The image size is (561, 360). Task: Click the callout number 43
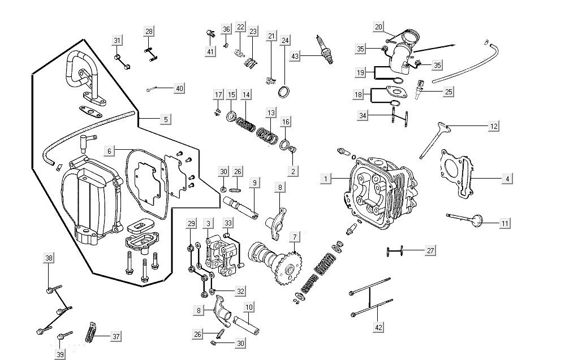(x=295, y=57)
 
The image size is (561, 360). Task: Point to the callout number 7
(x=294, y=236)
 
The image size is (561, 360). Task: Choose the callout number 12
(x=494, y=127)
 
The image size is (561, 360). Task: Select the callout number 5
(x=165, y=120)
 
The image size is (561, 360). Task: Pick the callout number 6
(x=110, y=151)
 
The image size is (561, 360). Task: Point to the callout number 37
(x=116, y=337)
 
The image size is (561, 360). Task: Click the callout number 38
(x=49, y=258)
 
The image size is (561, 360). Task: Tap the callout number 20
(x=379, y=27)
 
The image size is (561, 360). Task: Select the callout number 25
(x=447, y=92)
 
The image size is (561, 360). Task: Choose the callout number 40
(x=179, y=88)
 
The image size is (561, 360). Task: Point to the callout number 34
(x=363, y=116)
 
